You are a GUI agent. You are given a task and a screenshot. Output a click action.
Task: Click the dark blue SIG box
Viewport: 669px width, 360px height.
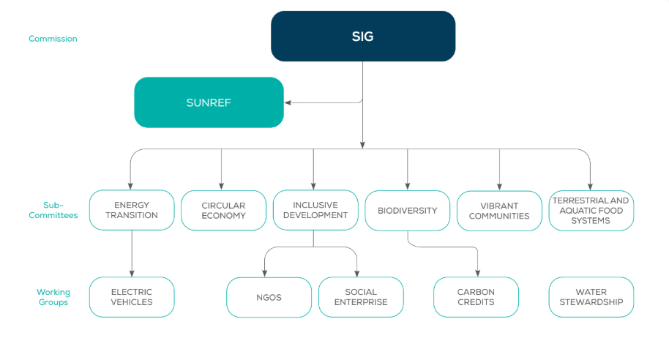363,37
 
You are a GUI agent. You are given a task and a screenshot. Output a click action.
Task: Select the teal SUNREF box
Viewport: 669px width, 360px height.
209,102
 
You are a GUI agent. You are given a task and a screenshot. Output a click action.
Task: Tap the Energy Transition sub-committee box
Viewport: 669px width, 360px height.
132,210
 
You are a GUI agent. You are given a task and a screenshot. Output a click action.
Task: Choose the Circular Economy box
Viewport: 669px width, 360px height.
223,210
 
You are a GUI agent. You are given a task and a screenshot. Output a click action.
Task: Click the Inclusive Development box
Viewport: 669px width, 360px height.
315,210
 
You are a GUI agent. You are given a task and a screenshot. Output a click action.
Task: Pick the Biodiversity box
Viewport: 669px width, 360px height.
408,210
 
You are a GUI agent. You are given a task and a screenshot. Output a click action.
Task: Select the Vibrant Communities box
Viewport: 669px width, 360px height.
499,211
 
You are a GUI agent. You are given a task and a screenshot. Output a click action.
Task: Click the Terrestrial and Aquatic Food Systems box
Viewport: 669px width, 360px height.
591,210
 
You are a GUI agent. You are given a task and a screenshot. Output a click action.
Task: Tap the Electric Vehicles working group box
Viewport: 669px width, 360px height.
132,297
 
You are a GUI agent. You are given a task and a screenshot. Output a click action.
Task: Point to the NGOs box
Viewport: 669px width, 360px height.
269,297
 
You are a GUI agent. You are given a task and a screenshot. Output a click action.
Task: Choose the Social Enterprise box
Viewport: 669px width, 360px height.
361,297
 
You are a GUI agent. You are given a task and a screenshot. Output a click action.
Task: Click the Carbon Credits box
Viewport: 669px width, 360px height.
476,297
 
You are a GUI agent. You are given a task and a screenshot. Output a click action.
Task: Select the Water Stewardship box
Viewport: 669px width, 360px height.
591,297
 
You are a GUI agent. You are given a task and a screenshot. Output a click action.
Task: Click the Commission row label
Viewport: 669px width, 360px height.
53,39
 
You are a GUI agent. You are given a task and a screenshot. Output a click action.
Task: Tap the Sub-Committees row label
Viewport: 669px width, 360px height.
53,210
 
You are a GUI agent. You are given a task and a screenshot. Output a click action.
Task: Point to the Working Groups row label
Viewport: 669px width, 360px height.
53,297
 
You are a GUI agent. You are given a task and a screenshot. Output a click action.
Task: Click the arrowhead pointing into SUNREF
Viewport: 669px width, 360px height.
288,102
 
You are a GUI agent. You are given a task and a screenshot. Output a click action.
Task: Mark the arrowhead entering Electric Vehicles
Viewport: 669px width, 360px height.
132,274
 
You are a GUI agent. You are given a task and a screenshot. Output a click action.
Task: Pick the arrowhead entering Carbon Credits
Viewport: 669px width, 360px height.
478,274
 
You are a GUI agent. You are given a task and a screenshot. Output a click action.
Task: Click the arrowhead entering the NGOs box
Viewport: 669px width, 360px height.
264,274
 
